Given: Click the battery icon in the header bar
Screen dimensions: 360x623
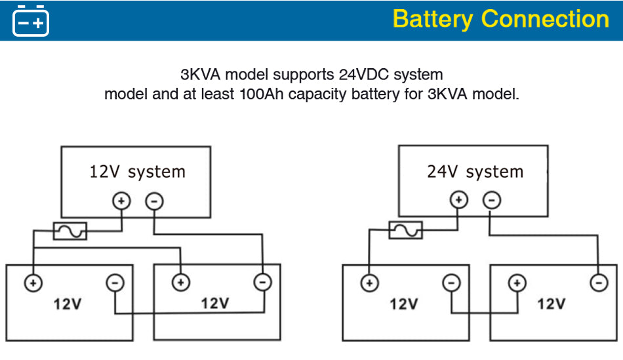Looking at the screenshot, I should tap(31, 20).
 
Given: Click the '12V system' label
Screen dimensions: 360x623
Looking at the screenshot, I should tap(137, 172).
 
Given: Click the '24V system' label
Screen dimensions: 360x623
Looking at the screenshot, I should tap(475, 172).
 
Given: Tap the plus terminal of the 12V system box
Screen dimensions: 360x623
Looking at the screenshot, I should tap(121, 201).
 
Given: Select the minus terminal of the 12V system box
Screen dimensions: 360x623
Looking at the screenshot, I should tap(153, 201).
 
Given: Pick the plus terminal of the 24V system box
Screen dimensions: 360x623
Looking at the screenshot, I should tap(459, 200).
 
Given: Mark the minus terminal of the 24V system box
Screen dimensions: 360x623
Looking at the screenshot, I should tap(492, 200).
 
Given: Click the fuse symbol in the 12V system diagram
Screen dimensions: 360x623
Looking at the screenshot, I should tap(70, 231).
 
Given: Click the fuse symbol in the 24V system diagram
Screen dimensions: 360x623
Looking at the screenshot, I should tap(406, 230).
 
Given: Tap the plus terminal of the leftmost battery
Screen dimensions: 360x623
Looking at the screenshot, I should tap(33, 283).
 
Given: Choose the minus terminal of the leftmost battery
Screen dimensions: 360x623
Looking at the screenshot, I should tap(115, 283).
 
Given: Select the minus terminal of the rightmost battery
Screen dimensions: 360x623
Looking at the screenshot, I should tap(598, 283).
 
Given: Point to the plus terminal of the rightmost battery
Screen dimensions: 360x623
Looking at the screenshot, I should tap(517, 283).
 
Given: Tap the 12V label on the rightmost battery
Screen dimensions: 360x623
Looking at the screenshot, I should tap(551, 304).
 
